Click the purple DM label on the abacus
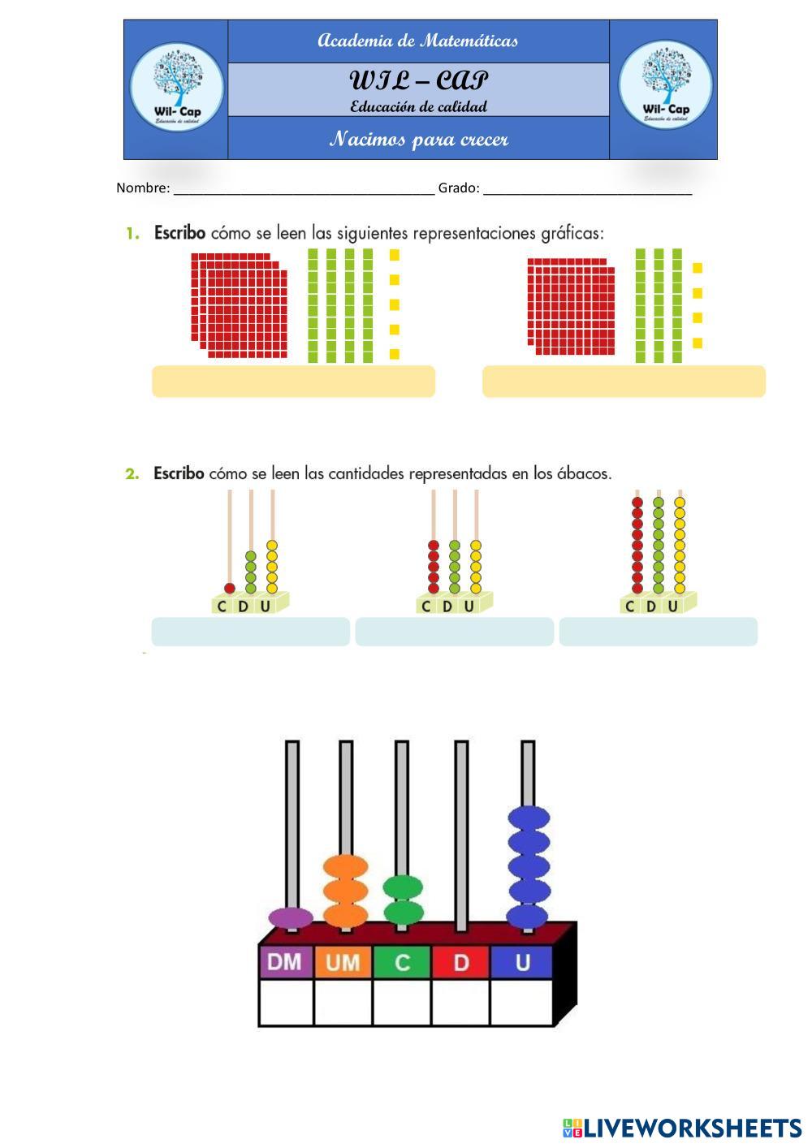click(x=286, y=962)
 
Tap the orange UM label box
click(x=343, y=962)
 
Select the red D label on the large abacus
click(x=461, y=962)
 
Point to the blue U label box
click(x=521, y=962)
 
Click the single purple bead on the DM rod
click(x=291, y=918)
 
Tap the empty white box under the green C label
click(x=402, y=1003)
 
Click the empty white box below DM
click(x=287, y=1003)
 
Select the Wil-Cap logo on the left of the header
click(x=176, y=87)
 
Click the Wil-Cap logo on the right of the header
click(x=665, y=85)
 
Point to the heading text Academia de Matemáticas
click(x=418, y=41)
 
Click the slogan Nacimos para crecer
click(x=419, y=139)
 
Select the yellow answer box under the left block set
click(x=294, y=382)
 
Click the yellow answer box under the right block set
click(x=624, y=382)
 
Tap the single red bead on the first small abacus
click(x=230, y=588)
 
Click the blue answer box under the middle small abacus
click(x=454, y=632)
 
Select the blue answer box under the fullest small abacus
click(x=659, y=632)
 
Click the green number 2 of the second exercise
click(x=132, y=474)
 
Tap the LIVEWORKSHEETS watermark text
click(x=692, y=1128)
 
